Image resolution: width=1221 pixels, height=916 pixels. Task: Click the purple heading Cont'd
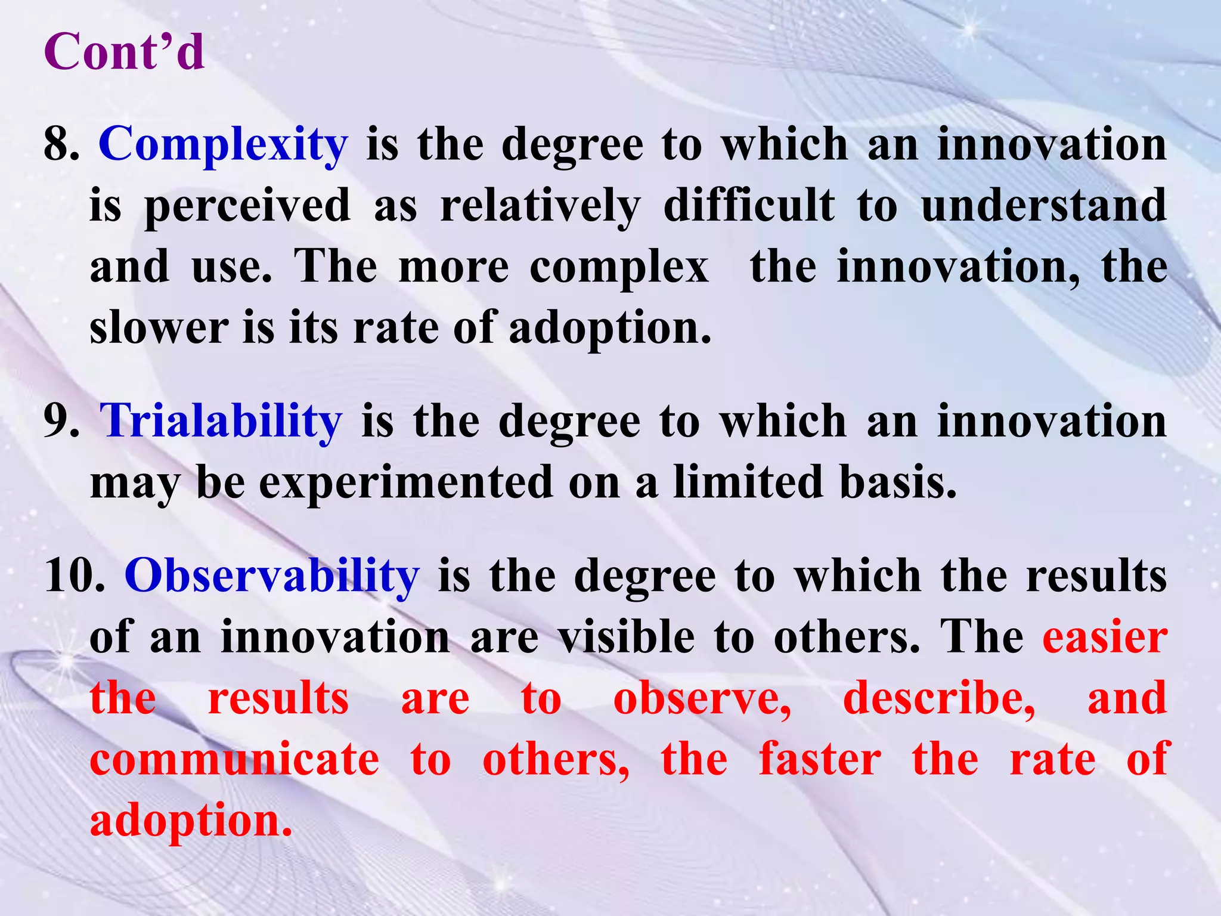click(x=124, y=52)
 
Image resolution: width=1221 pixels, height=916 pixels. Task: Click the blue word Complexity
click(x=223, y=146)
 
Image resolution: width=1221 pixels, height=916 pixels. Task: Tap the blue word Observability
click(x=272, y=576)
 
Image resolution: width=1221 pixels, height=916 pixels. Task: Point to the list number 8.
click(x=61, y=146)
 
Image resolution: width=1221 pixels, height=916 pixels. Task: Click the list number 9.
click(x=61, y=422)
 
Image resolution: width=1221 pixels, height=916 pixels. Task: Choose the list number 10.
click(x=75, y=576)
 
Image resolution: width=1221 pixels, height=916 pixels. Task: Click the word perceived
click(x=247, y=206)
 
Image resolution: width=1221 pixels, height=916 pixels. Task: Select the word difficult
click(x=749, y=206)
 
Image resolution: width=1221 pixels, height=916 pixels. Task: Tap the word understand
click(x=1044, y=206)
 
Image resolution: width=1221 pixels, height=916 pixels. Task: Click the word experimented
click(x=405, y=483)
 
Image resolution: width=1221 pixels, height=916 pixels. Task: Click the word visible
click(x=627, y=638)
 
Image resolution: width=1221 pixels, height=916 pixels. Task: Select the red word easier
click(x=1105, y=638)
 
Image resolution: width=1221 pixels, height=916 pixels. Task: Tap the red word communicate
click(x=234, y=760)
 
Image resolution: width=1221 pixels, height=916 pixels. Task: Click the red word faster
click(x=820, y=760)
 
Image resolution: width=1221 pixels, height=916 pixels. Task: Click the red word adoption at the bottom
click(x=191, y=821)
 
